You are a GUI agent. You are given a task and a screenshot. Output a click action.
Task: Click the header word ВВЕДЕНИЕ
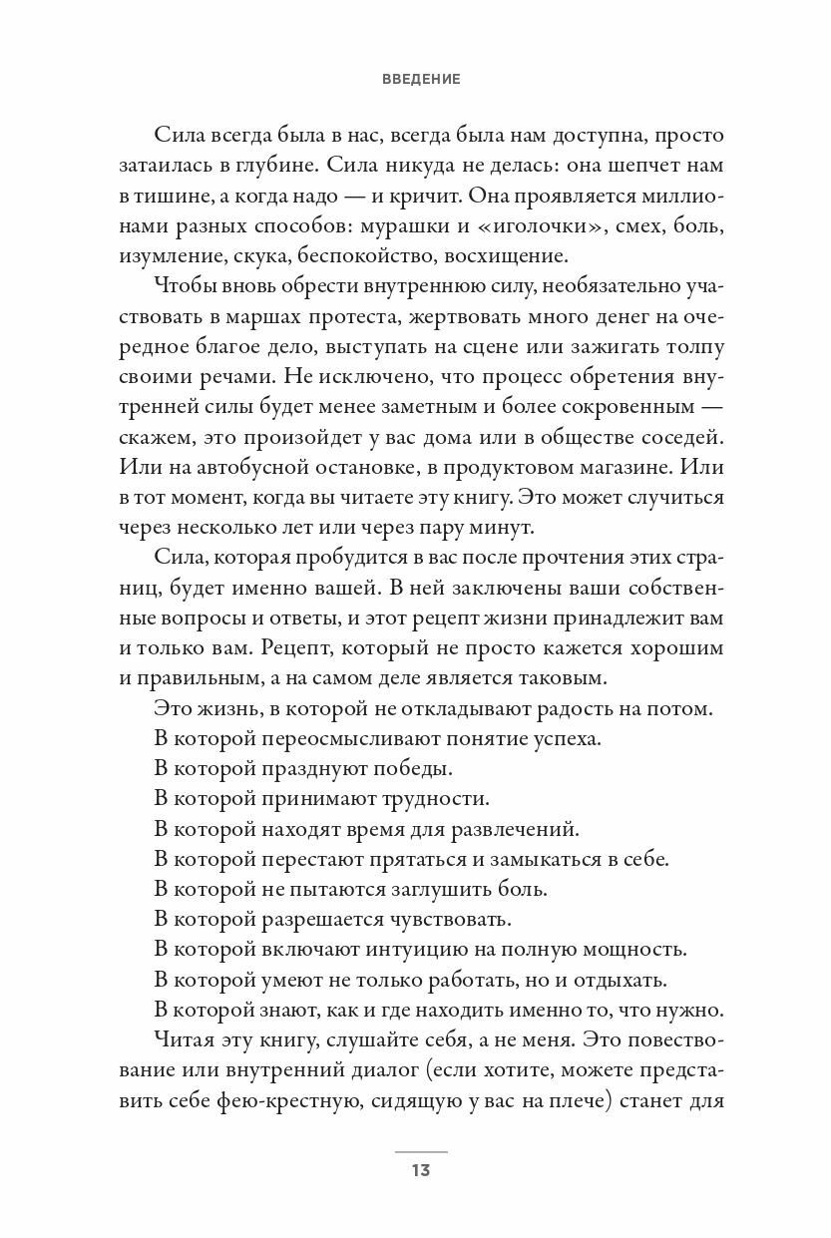tap(420, 80)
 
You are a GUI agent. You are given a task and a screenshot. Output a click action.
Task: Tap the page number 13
tap(420, 1170)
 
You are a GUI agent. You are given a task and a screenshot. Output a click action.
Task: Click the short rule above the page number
tap(420, 1151)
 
